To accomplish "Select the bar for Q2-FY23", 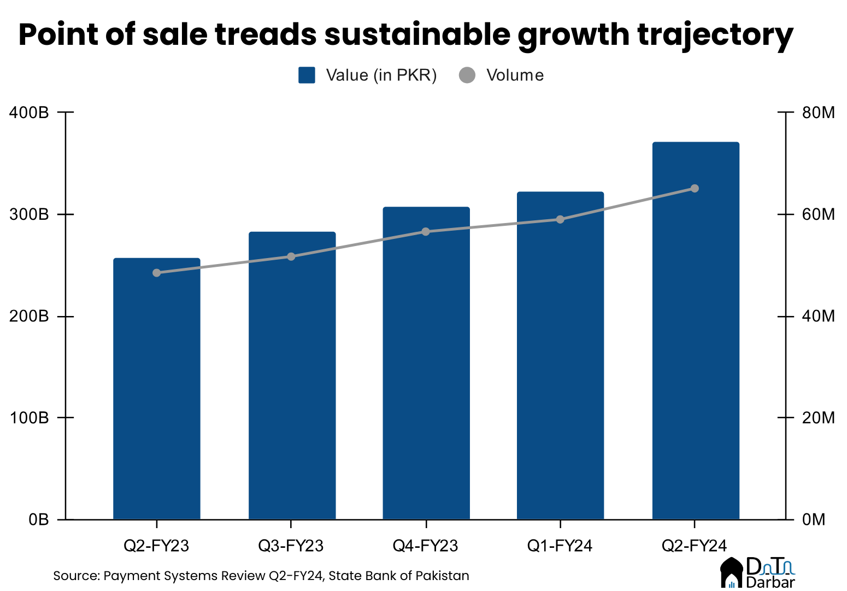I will (156, 388).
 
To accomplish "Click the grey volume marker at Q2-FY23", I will (157, 273).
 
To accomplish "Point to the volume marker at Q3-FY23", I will (291, 256).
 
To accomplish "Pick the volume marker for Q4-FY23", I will (426, 232).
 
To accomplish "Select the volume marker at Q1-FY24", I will (560, 219).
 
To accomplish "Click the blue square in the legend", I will (307, 75).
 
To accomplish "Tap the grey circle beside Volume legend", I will (467, 75).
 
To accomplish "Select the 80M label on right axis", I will (818, 113).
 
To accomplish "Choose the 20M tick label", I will (818, 418).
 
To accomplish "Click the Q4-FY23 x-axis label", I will (426, 546).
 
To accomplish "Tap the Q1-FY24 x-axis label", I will (560, 546).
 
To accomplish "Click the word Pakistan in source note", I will (442, 576).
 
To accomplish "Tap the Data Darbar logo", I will (758, 572).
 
